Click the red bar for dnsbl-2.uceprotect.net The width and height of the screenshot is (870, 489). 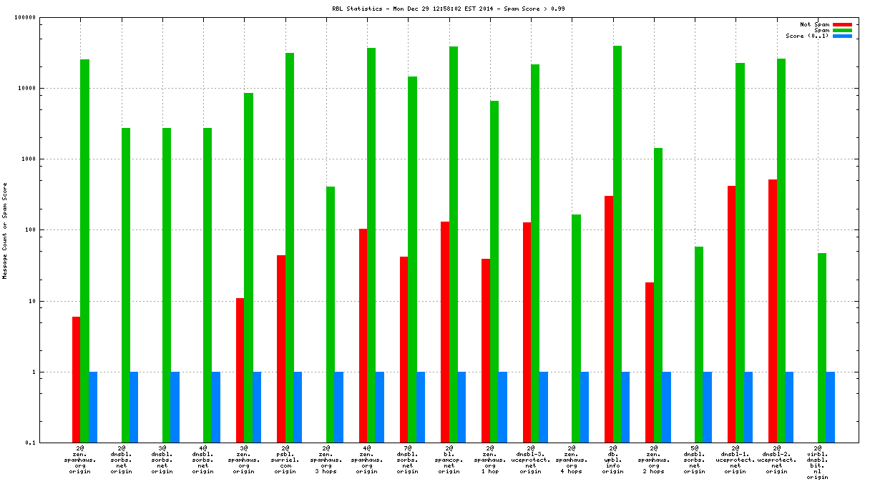[773, 311]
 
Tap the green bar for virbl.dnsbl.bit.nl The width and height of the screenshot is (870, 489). [822, 347]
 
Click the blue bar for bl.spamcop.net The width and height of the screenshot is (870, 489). [461, 407]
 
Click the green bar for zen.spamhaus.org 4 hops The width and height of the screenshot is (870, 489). [576, 328]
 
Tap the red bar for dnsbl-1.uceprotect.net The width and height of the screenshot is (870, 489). [731, 314]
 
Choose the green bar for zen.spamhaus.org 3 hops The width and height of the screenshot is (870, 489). [331, 315]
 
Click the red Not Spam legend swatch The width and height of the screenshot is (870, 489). [842, 25]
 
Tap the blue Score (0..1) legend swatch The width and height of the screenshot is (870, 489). [842, 36]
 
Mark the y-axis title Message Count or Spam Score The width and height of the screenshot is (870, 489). [5, 230]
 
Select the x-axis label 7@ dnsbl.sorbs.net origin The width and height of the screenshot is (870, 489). [408, 460]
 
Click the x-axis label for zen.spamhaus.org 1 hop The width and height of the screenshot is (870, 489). [489, 460]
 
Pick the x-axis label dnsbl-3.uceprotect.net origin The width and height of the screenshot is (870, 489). [530, 460]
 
